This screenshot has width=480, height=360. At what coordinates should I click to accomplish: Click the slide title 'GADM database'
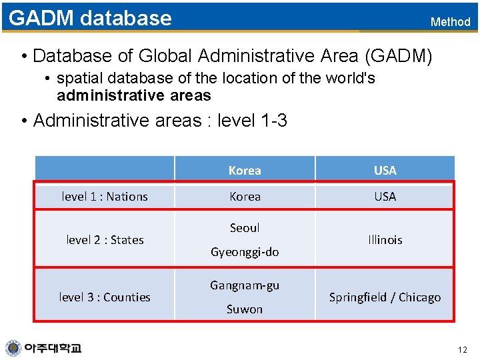tap(90, 18)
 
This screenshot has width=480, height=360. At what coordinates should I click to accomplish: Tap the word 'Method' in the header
tap(450, 22)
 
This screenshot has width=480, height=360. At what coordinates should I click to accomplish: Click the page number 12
tap(463, 350)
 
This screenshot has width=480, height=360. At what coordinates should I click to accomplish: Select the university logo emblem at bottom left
tap(13, 348)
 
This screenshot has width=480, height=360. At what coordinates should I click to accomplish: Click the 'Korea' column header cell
tap(245, 170)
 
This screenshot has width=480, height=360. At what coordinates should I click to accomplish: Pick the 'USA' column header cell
tap(385, 170)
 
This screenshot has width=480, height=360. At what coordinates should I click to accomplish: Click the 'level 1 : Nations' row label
tap(105, 197)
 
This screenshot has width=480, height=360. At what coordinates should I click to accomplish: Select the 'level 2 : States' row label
tap(105, 239)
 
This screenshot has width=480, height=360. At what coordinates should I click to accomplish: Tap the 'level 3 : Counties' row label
tap(105, 297)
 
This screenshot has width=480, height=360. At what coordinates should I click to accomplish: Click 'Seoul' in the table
tap(245, 227)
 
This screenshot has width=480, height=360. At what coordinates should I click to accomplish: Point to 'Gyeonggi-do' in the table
tap(245, 251)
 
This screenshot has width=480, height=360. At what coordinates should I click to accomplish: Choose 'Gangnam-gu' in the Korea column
tap(245, 285)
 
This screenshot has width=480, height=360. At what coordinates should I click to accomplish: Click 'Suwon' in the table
tap(245, 309)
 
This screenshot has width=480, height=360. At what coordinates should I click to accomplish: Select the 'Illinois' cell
tap(385, 239)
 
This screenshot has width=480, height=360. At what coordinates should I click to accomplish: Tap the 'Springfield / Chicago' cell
tap(385, 297)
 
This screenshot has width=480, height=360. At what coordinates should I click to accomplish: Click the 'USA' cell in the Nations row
tap(385, 197)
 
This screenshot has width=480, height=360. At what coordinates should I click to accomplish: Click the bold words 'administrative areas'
tap(133, 95)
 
